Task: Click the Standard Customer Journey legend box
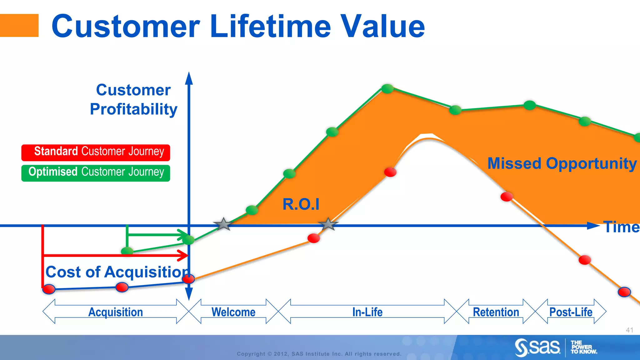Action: point(96,152)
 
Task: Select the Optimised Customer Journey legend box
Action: point(96,173)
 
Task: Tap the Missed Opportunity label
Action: point(562,163)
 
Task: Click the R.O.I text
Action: point(301,204)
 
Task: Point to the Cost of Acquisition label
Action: point(117,272)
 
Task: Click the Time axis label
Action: point(621,227)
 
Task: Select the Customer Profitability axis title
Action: point(133,100)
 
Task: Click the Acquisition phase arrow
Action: point(116,312)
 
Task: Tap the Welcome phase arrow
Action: point(233,312)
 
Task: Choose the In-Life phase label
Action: point(367,312)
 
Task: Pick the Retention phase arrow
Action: point(496,312)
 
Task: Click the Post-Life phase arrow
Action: point(571,312)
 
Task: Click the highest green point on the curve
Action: point(387,89)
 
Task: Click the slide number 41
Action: point(629,330)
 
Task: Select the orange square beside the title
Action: point(19,25)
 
